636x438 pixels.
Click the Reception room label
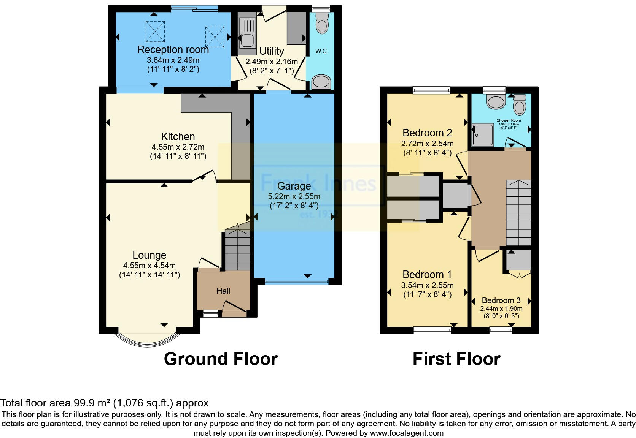173,50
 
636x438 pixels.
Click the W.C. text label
321,51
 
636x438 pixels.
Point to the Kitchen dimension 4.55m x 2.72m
178,147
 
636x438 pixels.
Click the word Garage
294,186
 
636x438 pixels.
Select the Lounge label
149,255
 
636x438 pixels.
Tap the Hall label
223,291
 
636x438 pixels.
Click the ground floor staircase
237,249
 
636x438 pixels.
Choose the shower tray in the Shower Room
482,135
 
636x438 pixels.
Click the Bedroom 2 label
427,133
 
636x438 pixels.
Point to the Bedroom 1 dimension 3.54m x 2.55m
427,285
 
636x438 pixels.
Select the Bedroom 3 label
501,300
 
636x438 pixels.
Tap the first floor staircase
518,213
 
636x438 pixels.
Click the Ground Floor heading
221,359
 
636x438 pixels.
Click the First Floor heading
456,359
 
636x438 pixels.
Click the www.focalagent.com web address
406,433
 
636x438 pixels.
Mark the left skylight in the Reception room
155,31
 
